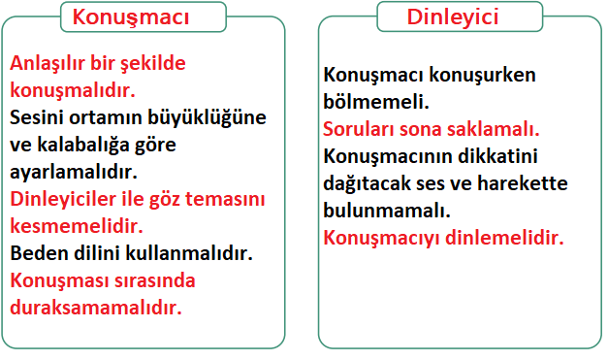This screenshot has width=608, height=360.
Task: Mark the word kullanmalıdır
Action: tap(194, 254)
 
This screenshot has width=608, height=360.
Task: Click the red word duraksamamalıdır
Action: tap(96, 309)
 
